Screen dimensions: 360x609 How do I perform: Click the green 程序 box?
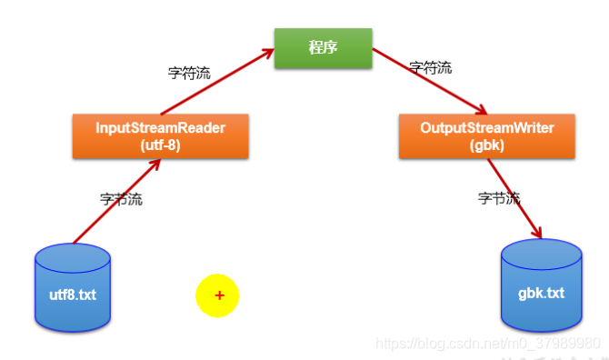coord(323,48)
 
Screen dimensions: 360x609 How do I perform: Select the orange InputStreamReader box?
coord(160,135)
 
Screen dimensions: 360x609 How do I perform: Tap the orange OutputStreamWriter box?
coord(487,135)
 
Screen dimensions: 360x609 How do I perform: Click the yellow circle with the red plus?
coord(217,295)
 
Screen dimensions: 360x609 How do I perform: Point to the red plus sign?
coord(219,295)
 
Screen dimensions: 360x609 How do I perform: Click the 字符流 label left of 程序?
coord(189,74)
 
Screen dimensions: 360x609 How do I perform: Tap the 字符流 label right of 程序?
coord(430,67)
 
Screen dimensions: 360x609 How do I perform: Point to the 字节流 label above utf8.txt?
coord(121,198)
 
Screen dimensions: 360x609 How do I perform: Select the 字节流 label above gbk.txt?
coord(499,198)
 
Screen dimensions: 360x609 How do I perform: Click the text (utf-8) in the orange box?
coord(160,145)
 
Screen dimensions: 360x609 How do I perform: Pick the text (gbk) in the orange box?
coord(486,145)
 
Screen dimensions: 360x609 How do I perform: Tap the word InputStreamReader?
coord(160,128)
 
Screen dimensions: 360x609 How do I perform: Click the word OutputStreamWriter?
coord(486,128)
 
